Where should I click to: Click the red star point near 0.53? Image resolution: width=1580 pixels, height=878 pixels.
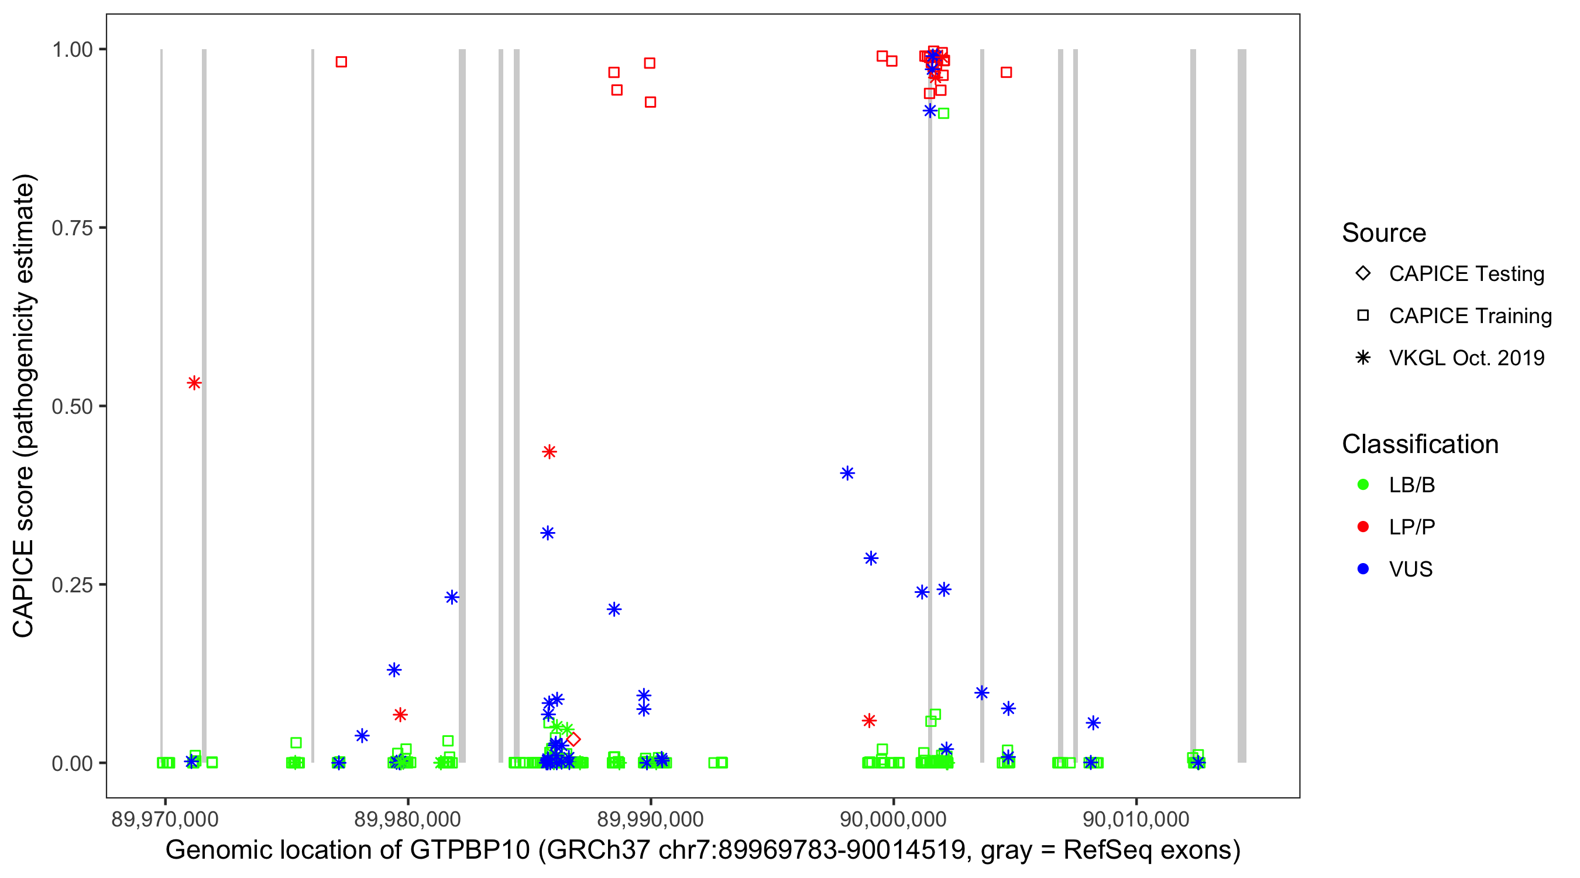click(x=194, y=383)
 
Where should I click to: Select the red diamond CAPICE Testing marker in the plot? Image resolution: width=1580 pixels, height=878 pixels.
click(x=573, y=739)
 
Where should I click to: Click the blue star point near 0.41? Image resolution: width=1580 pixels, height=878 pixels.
click(x=847, y=473)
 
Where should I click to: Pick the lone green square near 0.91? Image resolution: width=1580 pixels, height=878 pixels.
click(x=943, y=114)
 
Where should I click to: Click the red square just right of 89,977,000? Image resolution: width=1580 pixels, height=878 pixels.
click(x=341, y=62)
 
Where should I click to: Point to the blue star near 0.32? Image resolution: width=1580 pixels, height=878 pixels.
click(x=548, y=533)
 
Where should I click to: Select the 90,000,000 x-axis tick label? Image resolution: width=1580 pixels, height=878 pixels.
click(x=892, y=818)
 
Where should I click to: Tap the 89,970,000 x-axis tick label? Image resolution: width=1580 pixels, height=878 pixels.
click(x=164, y=818)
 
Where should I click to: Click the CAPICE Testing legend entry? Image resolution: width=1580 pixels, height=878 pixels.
click(x=1466, y=274)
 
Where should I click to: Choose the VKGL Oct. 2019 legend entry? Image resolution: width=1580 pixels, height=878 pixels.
click(x=1466, y=358)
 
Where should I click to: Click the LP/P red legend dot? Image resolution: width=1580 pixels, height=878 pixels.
click(x=1363, y=527)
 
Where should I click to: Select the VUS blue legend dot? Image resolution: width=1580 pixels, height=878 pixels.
click(x=1363, y=569)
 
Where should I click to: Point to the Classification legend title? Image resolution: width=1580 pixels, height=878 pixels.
click(x=1419, y=444)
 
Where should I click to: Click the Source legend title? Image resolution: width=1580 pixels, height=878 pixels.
click(x=1383, y=233)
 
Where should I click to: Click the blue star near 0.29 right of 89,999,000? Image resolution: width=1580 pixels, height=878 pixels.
click(x=871, y=558)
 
